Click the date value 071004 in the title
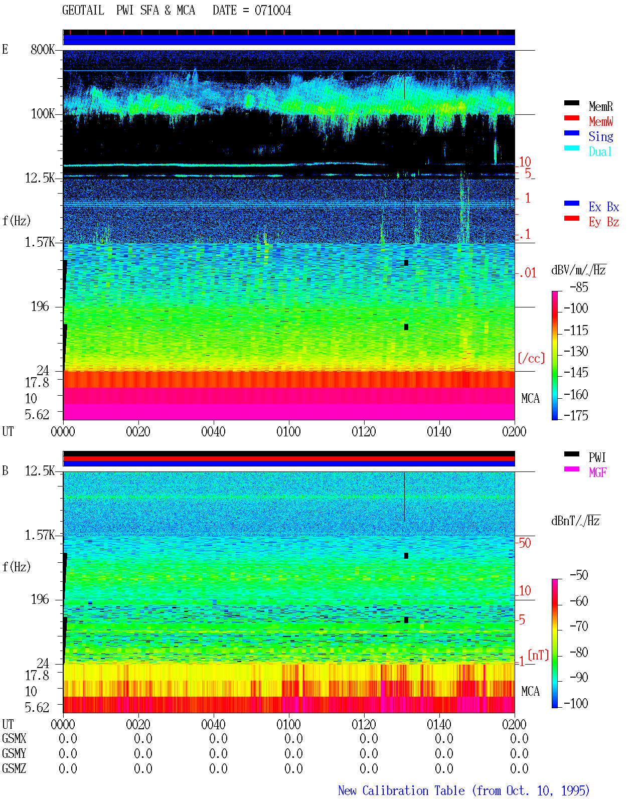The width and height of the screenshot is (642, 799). pyautogui.click(x=272, y=11)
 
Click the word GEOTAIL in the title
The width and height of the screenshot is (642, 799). pyautogui.click(x=83, y=11)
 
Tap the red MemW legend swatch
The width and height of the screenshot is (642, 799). pyautogui.click(x=571, y=118)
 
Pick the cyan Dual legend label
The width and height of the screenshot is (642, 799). pyautogui.click(x=600, y=151)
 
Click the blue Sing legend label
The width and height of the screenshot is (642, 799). pyautogui.click(x=600, y=136)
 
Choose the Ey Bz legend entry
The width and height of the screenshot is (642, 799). pyautogui.click(x=603, y=222)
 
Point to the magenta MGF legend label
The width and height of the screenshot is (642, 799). pyautogui.click(x=597, y=472)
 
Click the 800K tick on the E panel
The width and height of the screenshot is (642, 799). pyautogui.click(x=43, y=49)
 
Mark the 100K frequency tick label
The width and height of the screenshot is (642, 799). pyautogui.click(x=43, y=114)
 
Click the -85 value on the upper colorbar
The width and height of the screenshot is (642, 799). pyautogui.click(x=579, y=287)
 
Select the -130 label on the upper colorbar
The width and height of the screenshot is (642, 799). pyautogui.click(x=576, y=351)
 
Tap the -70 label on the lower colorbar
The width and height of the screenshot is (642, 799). pyautogui.click(x=579, y=626)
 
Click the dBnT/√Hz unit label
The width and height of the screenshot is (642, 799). pyautogui.click(x=575, y=521)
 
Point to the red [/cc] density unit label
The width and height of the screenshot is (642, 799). pyautogui.click(x=531, y=358)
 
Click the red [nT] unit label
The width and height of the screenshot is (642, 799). pyautogui.click(x=538, y=655)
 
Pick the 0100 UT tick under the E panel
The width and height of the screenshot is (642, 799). pyautogui.click(x=288, y=432)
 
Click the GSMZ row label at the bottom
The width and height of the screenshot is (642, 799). pyautogui.click(x=14, y=768)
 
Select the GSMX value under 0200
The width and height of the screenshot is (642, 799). pyautogui.click(x=519, y=738)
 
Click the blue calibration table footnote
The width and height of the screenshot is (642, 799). pyautogui.click(x=463, y=790)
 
